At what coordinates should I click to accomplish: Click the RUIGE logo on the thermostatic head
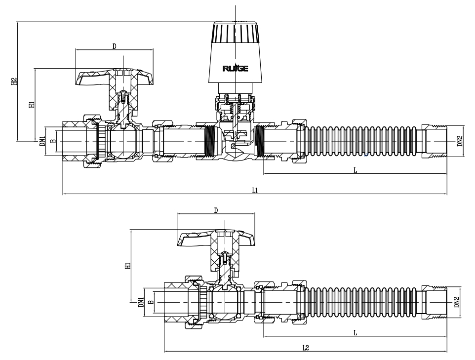pyautogui.click(x=236, y=68)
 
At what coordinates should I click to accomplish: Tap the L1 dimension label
pyautogui.click(x=255, y=190)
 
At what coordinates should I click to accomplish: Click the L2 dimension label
pyautogui.click(x=306, y=348)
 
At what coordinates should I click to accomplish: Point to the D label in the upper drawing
pyautogui.click(x=114, y=46)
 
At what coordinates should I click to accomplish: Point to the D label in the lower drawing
pyautogui.click(x=216, y=210)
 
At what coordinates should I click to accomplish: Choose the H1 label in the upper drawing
pyautogui.click(x=32, y=105)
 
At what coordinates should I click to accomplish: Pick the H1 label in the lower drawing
pyautogui.click(x=128, y=266)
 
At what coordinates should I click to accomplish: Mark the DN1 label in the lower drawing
pyautogui.click(x=141, y=302)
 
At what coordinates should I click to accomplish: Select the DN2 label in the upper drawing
pyautogui.click(x=459, y=142)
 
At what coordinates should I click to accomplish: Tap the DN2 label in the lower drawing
pyautogui.click(x=457, y=302)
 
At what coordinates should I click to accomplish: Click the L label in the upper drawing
pyautogui.click(x=355, y=169)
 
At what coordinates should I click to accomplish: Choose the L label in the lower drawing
pyautogui.click(x=355, y=333)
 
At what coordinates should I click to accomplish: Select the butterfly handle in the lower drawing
pyautogui.click(x=216, y=240)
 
